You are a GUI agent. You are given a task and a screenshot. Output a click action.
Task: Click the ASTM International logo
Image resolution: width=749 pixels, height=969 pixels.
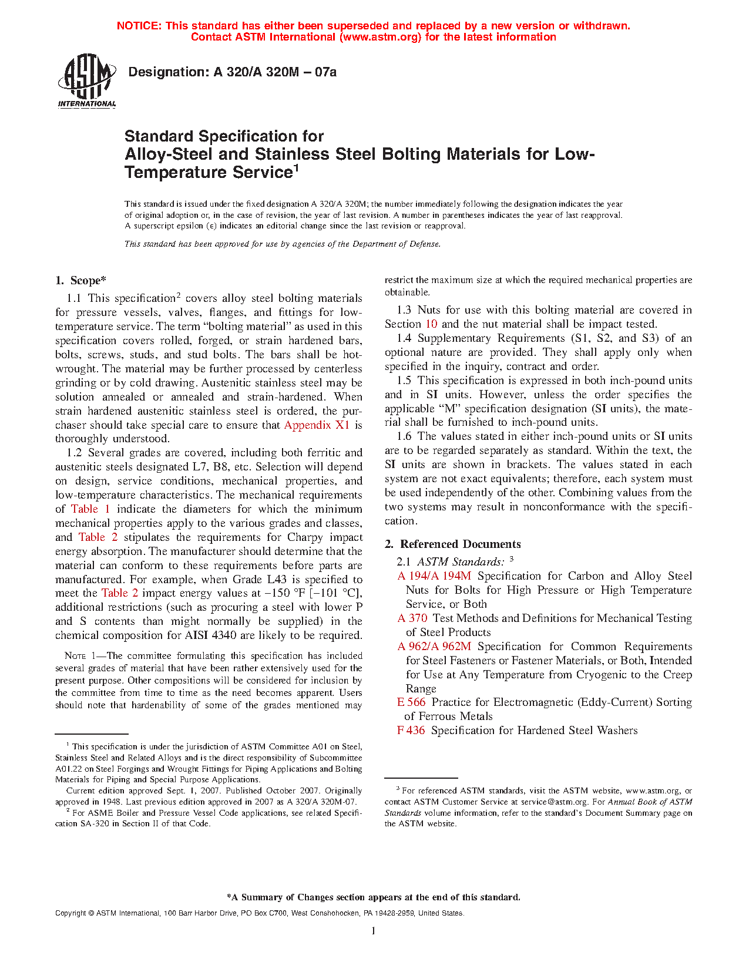point(86,81)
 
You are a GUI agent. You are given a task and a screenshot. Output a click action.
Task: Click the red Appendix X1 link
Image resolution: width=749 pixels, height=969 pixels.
point(317,425)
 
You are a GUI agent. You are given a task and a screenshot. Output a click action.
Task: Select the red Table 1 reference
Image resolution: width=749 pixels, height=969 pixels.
point(90,509)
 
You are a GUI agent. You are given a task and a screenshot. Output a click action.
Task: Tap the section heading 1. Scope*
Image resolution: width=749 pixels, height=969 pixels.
point(80,281)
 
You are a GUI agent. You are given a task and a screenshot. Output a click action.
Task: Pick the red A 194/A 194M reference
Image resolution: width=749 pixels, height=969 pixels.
point(434,576)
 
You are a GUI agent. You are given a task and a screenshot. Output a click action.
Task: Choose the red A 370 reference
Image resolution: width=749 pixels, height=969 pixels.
point(412,618)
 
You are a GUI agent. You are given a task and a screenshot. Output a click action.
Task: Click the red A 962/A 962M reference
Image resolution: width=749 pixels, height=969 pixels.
point(434,647)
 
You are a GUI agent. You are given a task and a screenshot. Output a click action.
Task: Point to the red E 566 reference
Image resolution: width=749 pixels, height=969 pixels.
point(411,702)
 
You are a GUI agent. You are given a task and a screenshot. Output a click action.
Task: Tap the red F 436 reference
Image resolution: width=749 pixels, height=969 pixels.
point(411,731)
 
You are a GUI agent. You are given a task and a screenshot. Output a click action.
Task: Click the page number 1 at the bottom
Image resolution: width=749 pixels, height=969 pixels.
point(374,930)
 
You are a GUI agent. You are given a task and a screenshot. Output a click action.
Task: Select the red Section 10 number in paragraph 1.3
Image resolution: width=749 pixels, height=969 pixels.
point(431,324)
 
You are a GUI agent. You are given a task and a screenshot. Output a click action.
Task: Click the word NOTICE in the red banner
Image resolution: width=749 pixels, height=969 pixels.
point(139,26)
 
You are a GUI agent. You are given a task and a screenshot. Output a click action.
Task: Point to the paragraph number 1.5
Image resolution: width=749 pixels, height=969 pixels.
point(404,381)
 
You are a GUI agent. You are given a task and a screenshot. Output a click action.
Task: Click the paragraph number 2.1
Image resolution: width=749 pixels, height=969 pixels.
point(404,562)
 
